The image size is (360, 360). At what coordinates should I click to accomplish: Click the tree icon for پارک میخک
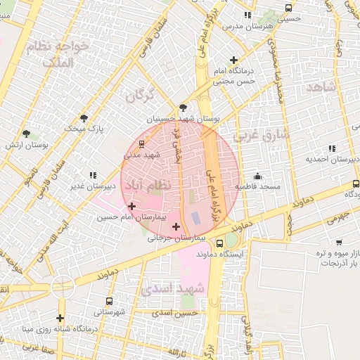click(84, 118)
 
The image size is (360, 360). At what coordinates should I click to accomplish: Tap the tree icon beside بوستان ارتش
click(27, 134)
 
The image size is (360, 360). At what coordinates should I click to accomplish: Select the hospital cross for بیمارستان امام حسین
click(131, 206)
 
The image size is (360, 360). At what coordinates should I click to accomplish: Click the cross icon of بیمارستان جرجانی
click(176, 226)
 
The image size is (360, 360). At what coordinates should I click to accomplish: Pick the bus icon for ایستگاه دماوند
click(220, 243)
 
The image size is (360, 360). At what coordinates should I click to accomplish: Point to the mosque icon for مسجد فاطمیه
click(258, 176)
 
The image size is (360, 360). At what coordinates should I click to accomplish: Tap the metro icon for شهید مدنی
click(142, 143)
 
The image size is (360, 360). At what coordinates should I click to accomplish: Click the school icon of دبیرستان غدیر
click(92, 175)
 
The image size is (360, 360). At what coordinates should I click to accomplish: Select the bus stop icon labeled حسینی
click(288, 8)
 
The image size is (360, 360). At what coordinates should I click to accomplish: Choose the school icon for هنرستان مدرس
click(247, 15)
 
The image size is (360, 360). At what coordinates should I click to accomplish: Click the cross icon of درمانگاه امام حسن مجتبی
click(234, 60)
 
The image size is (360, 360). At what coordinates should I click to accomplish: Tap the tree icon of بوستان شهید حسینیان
click(184, 108)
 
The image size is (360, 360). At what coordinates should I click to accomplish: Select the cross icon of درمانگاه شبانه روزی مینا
click(60, 318)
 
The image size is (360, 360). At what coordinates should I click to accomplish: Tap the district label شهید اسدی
click(172, 288)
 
